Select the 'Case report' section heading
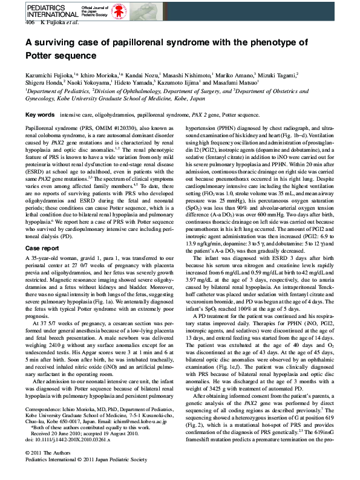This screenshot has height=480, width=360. [42, 248]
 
